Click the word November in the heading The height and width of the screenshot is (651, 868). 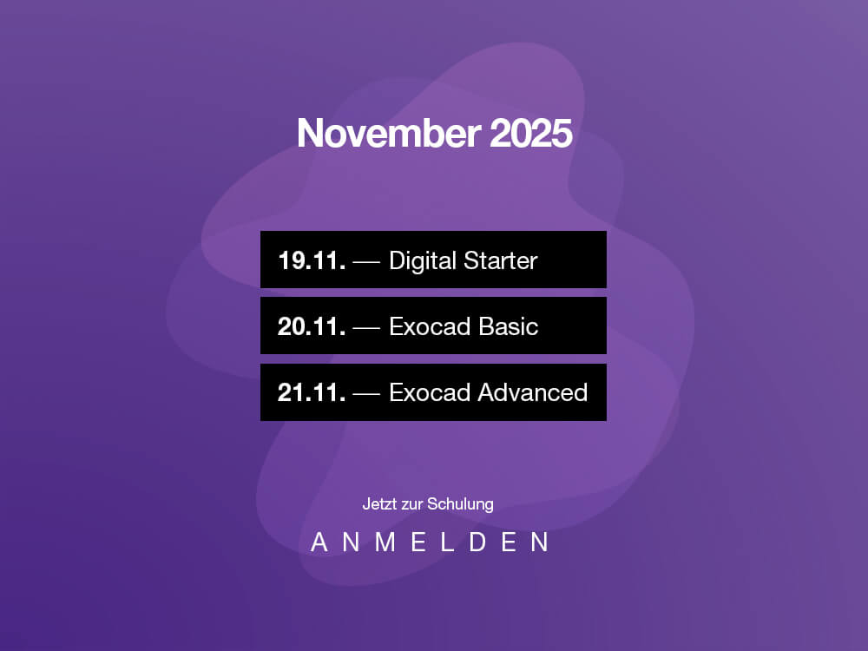click(x=389, y=134)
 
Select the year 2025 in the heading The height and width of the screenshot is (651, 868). click(x=531, y=134)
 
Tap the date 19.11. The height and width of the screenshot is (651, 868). click(x=312, y=260)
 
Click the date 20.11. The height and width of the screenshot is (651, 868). click(x=312, y=326)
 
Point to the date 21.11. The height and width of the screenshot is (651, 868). click(x=312, y=392)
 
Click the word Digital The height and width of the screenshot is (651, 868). click(x=423, y=261)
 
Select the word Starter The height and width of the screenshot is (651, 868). click(x=501, y=260)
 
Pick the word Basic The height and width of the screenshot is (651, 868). click(x=508, y=326)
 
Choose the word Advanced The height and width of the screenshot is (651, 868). click(x=533, y=392)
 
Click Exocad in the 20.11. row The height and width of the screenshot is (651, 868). click(x=431, y=326)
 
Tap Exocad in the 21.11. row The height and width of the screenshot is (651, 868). click(x=431, y=392)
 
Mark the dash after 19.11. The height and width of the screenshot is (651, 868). click(x=366, y=262)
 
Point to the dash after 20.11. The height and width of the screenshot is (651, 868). click(x=366, y=328)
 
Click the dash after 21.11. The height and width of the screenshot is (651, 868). click(x=366, y=394)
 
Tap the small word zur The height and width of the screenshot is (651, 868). click(x=412, y=505)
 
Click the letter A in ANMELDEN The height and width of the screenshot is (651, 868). click(x=319, y=542)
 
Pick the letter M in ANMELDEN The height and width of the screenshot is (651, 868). click(x=385, y=542)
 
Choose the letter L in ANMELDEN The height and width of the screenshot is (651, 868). click(x=447, y=542)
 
